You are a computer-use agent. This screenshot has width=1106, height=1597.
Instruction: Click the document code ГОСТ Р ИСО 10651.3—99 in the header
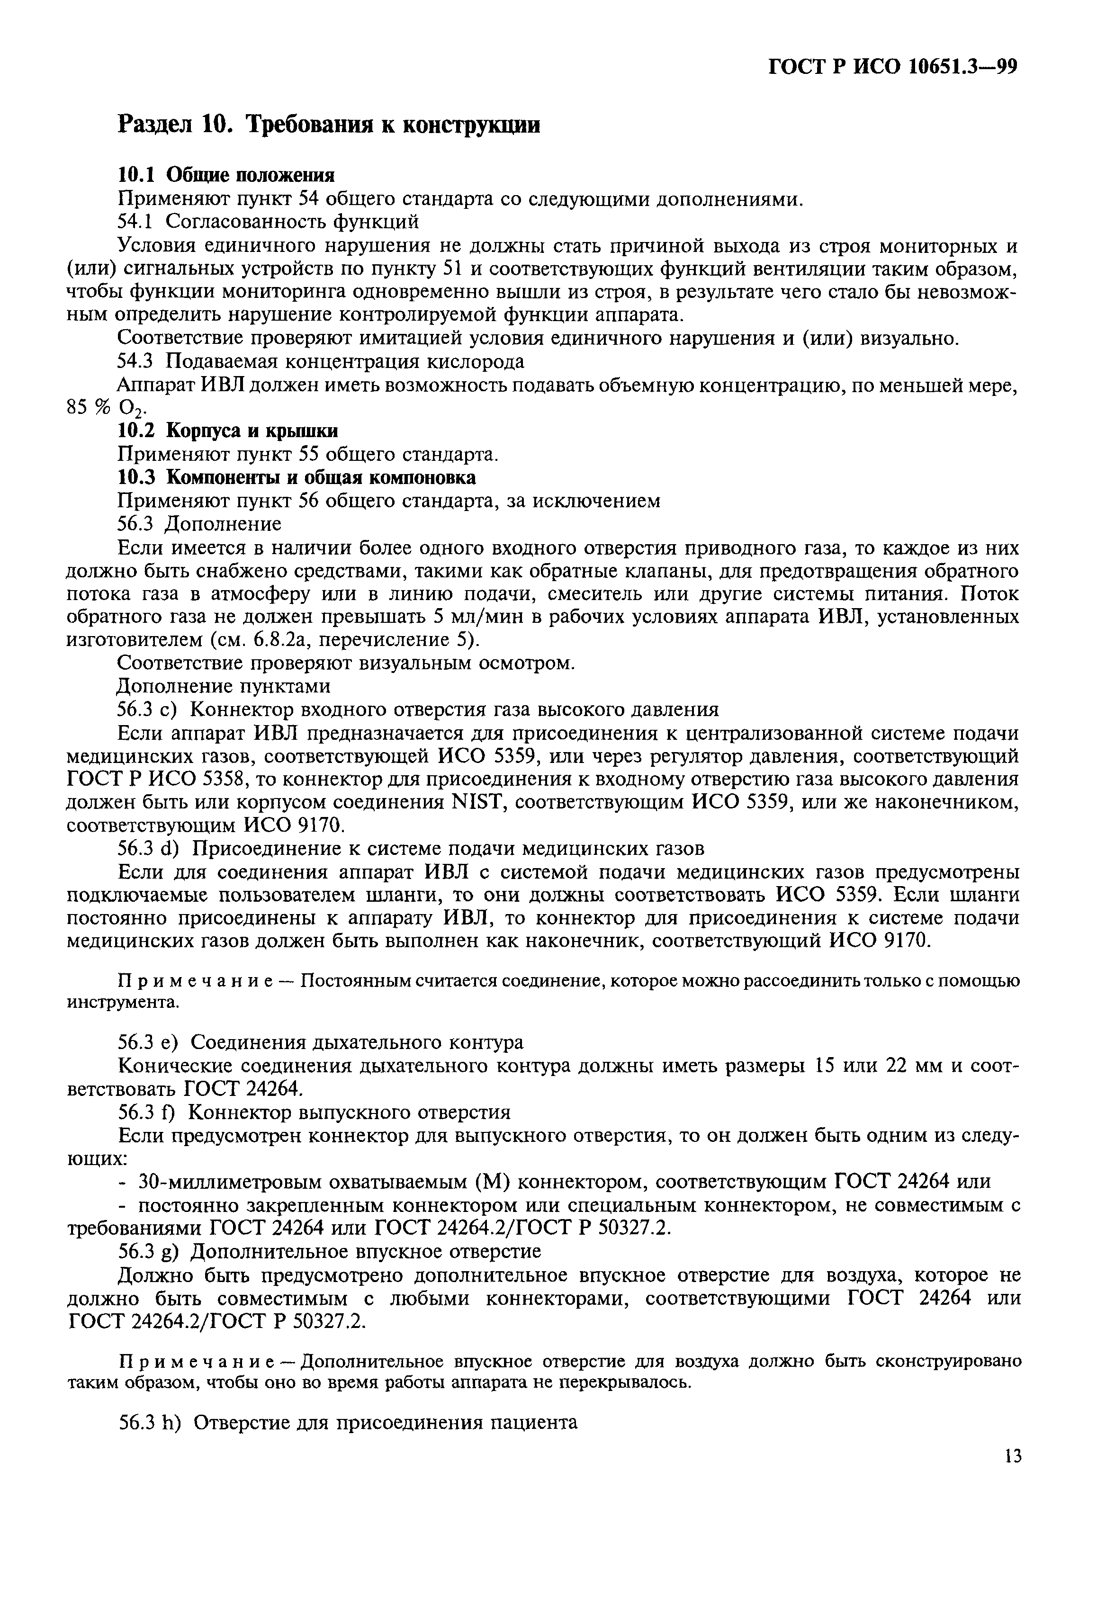point(893,67)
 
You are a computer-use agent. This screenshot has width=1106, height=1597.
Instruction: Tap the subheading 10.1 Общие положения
point(226,175)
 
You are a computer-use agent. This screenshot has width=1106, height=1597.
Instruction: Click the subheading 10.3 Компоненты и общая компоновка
point(296,478)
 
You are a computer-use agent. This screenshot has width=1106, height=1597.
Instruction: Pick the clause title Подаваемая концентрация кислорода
point(344,362)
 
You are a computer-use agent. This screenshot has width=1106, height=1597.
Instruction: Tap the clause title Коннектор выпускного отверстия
point(350,1112)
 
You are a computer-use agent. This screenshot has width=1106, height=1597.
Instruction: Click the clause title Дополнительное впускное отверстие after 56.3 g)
point(366,1251)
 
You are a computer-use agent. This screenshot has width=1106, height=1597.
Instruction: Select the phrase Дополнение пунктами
point(223,687)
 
